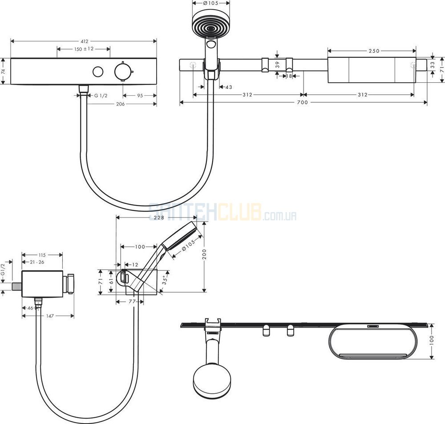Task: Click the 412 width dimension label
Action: point(85,41)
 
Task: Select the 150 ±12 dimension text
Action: point(84,49)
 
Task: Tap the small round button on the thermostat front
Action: point(98,72)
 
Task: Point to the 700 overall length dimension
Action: point(303,102)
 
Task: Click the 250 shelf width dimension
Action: point(374,51)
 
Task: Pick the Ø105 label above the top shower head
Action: point(211,3)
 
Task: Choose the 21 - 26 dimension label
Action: point(37,262)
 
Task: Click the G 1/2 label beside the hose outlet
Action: point(101,96)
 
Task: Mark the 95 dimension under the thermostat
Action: point(140,96)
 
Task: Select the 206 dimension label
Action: point(121,104)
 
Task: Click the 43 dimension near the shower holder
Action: point(229,87)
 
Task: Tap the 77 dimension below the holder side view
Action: point(132,301)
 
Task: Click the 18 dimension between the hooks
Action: point(289,76)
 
